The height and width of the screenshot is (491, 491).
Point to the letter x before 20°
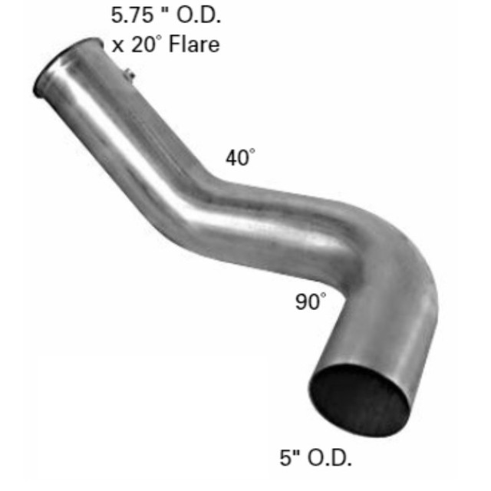[x=117, y=44]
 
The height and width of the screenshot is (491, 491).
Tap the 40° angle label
[x=239, y=158]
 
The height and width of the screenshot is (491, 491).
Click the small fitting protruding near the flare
[x=130, y=74]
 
